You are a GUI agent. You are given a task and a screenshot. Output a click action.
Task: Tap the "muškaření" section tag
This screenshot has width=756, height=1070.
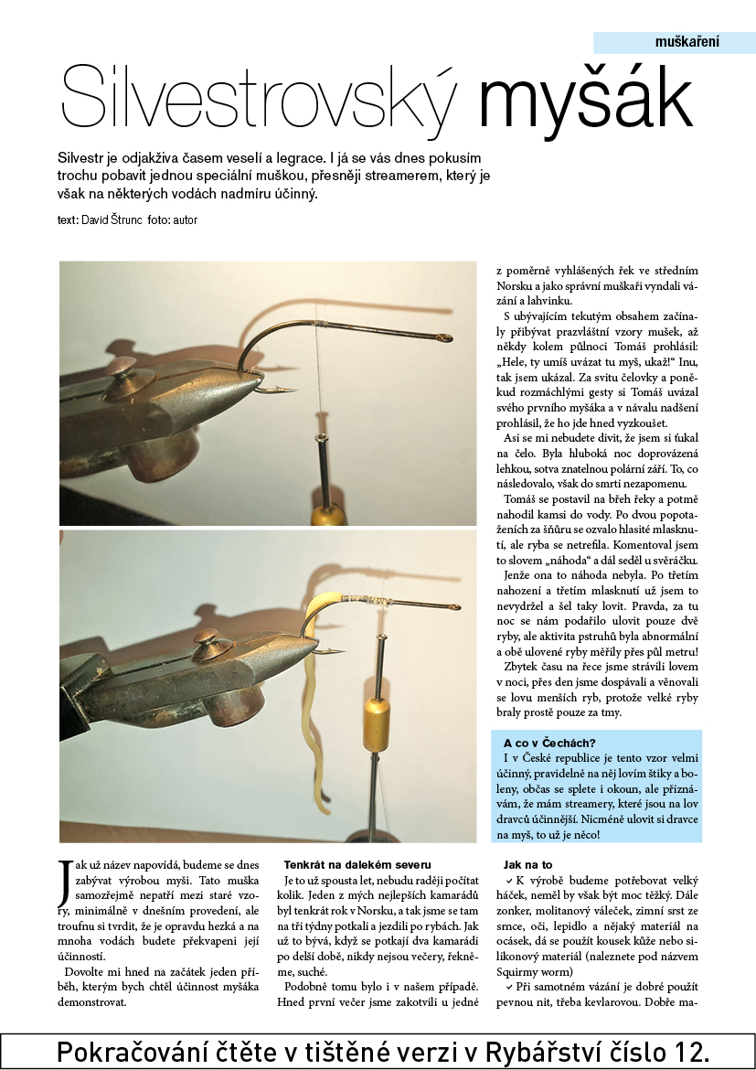[x=687, y=42]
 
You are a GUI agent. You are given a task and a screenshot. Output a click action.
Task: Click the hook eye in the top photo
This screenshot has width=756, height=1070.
[x=443, y=339]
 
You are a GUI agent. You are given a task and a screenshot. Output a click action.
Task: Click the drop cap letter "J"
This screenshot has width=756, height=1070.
[x=63, y=884]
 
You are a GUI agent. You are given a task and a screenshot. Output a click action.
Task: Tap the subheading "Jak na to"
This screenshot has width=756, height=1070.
[x=527, y=864]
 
